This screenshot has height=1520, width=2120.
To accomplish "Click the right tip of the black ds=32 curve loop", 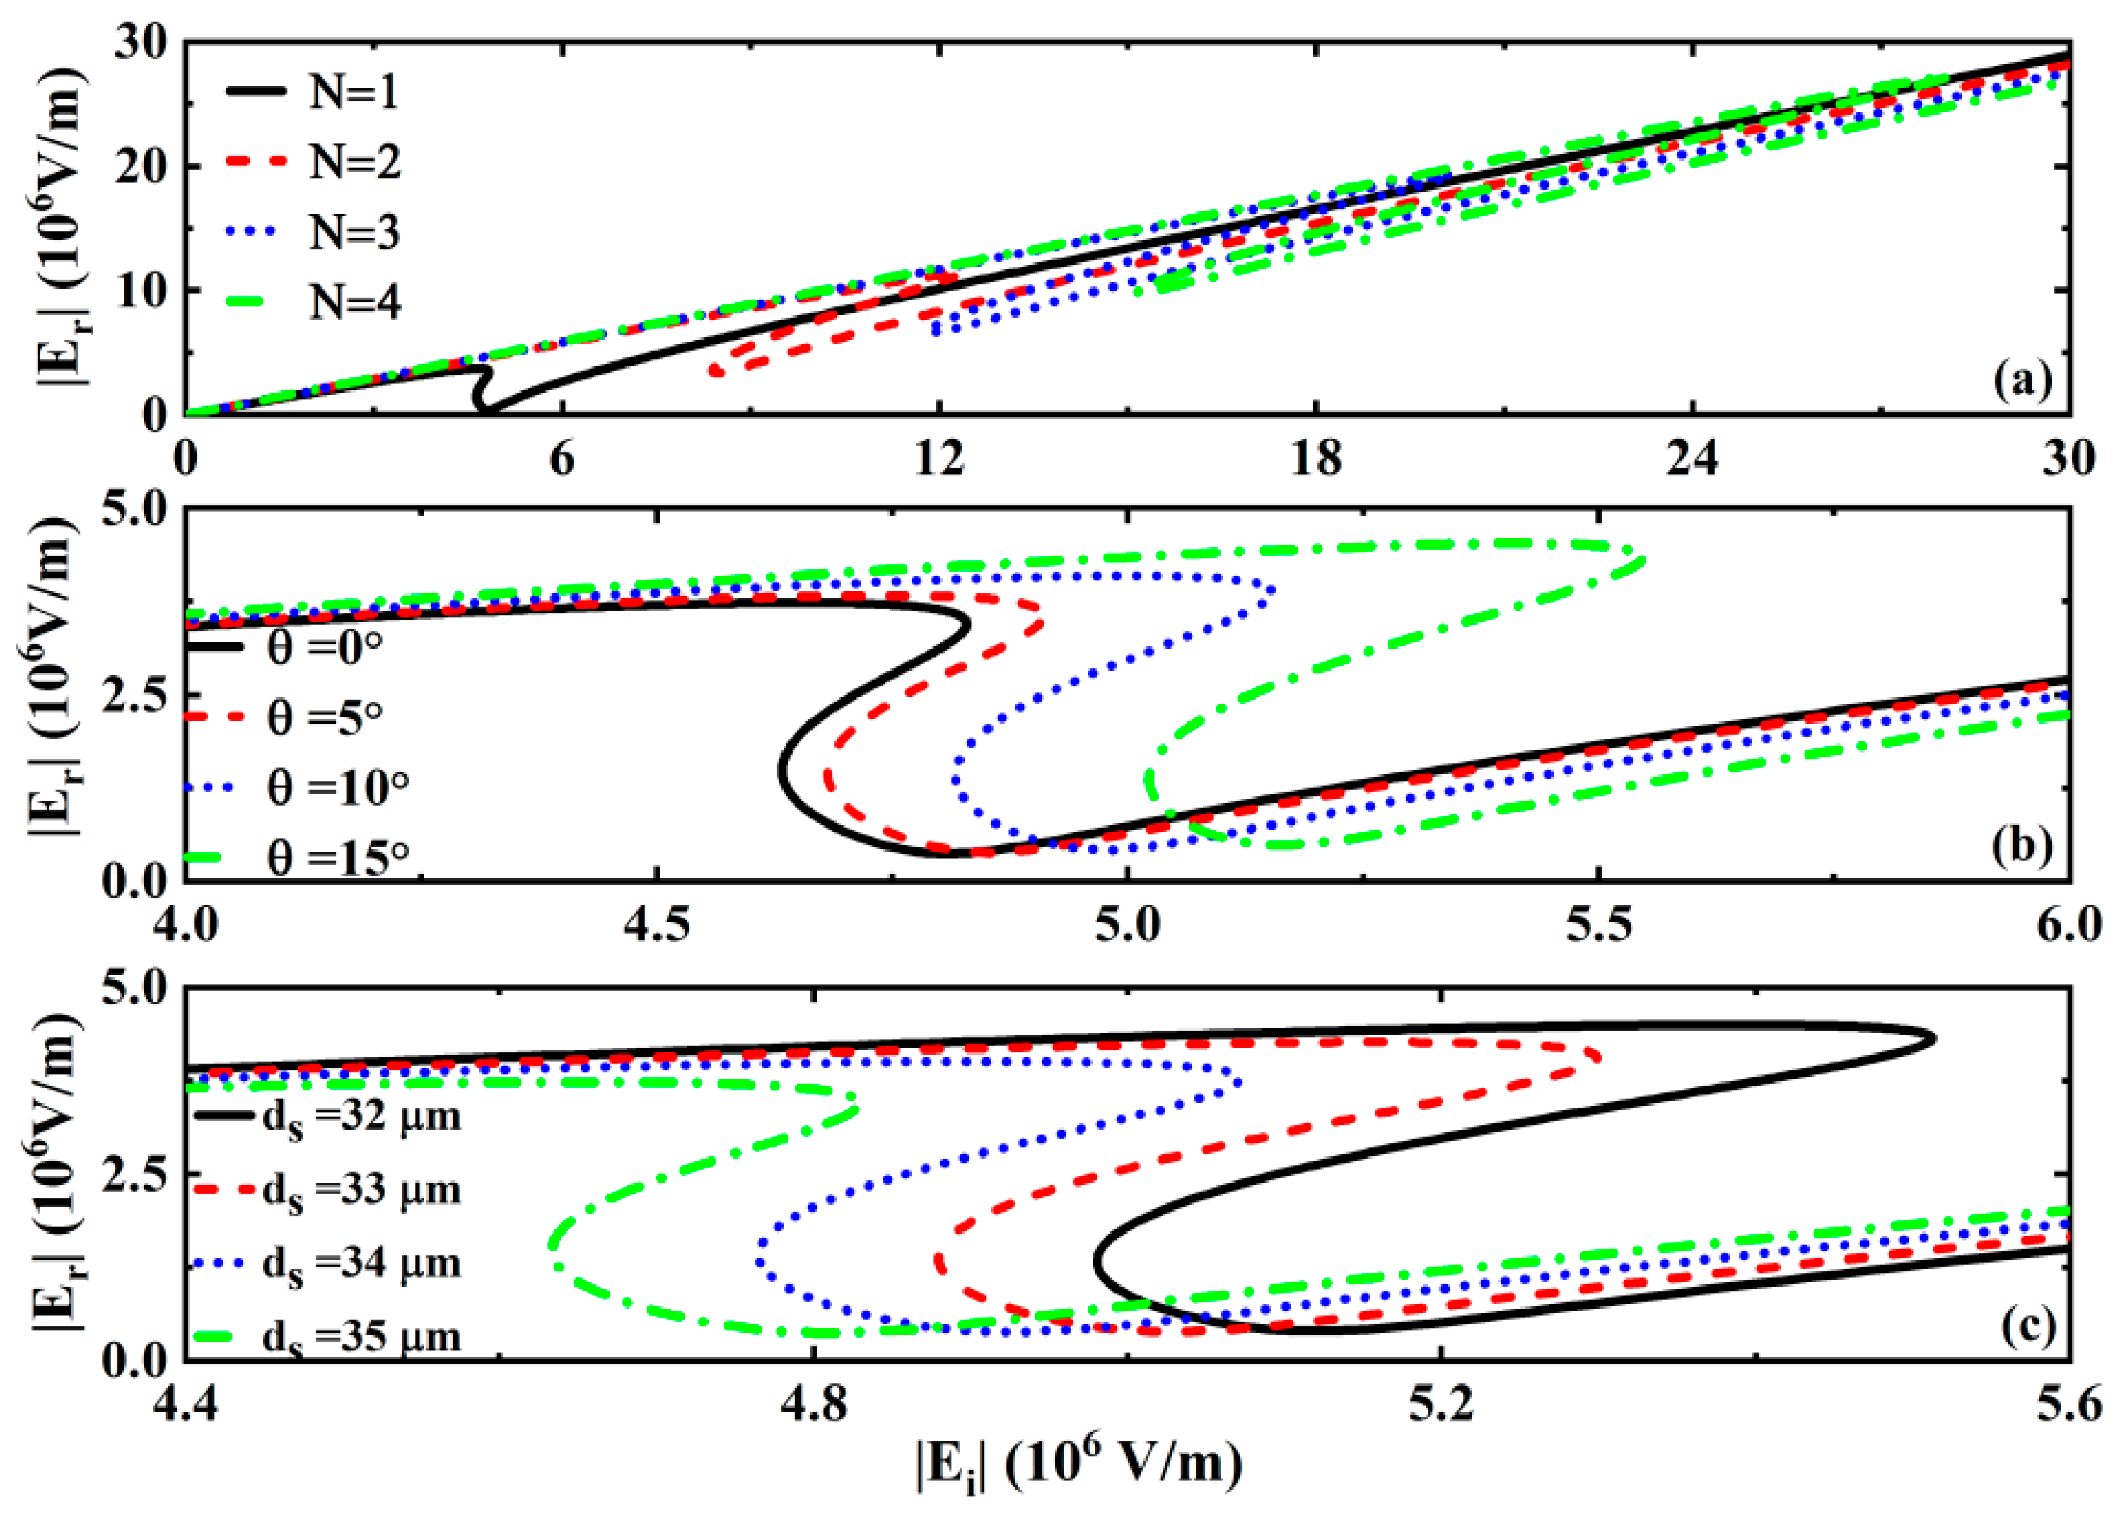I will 1933,1038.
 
